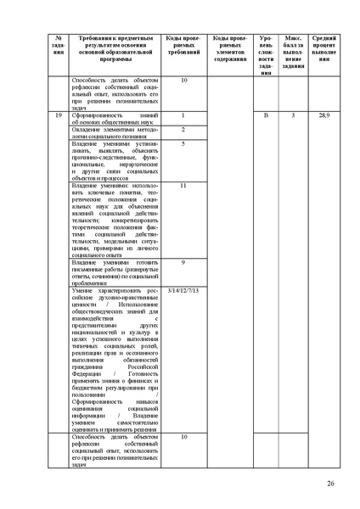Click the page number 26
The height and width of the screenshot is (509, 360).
click(329, 484)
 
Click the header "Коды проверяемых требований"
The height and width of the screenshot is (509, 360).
click(183, 47)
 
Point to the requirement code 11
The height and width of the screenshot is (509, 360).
click(183, 185)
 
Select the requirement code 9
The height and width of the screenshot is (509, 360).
click(183, 263)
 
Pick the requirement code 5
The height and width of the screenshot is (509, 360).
click(183, 144)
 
